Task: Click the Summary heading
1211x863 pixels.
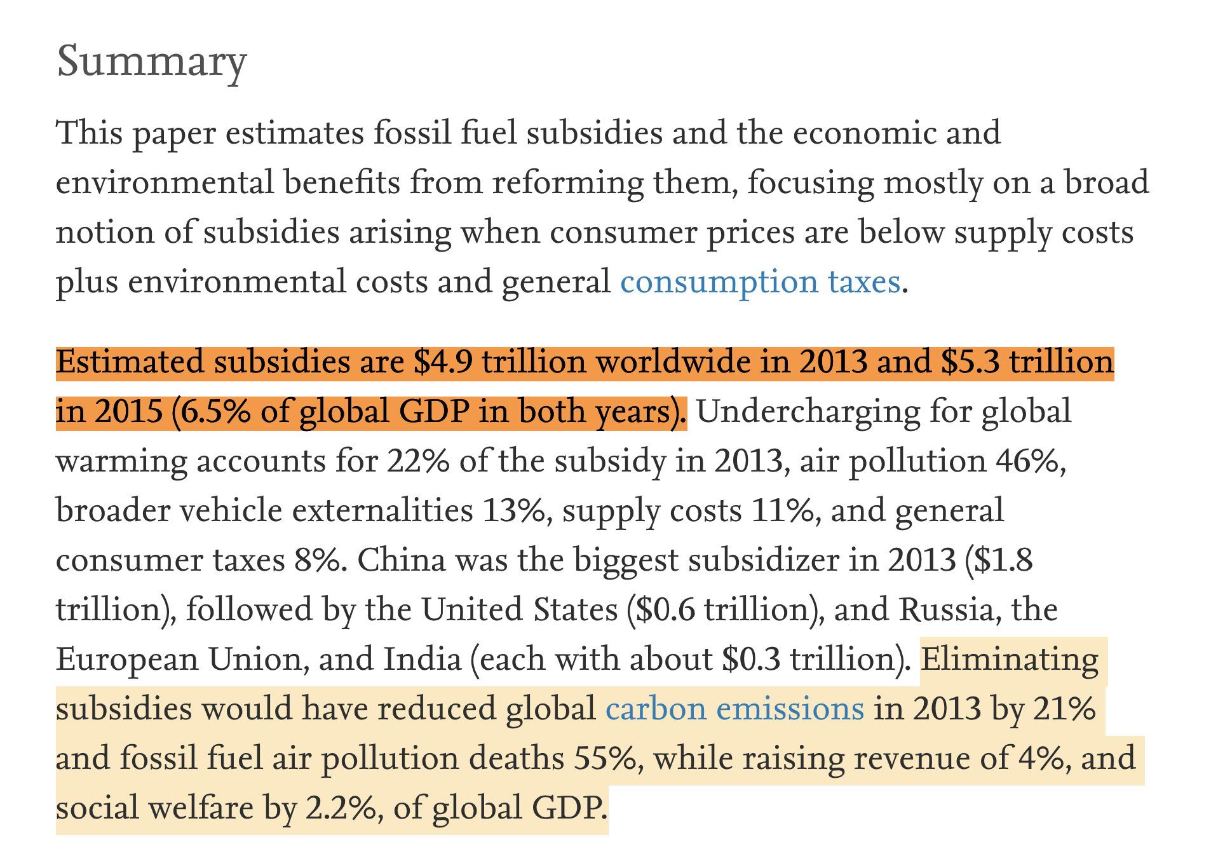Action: (x=151, y=62)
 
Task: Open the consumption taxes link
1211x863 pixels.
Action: (x=760, y=282)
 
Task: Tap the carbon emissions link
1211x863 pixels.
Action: (x=734, y=709)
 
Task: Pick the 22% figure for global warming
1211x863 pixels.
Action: (x=418, y=461)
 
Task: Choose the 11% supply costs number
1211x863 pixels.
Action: (x=785, y=511)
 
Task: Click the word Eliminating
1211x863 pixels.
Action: (x=1010, y=660)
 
